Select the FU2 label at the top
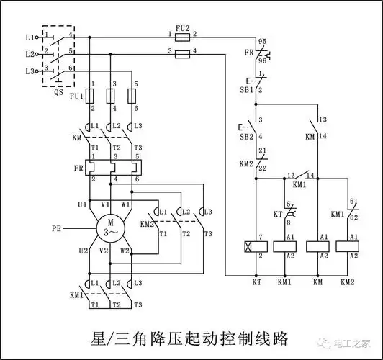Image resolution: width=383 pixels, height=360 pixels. pyautogui.click(x=183, y=28)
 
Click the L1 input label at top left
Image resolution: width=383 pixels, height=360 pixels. pyautogui.click(x=29, y=36)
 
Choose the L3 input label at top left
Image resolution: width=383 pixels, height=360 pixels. pyautogui.click(x=29, y=71)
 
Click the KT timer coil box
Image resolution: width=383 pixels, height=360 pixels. pyautogui.click(x=256, y=247)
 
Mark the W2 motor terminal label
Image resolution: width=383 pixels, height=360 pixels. pyautogui.click(x=125, y=251)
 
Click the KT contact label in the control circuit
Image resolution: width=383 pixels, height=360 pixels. pyautogui.click(x=277, y=215)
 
